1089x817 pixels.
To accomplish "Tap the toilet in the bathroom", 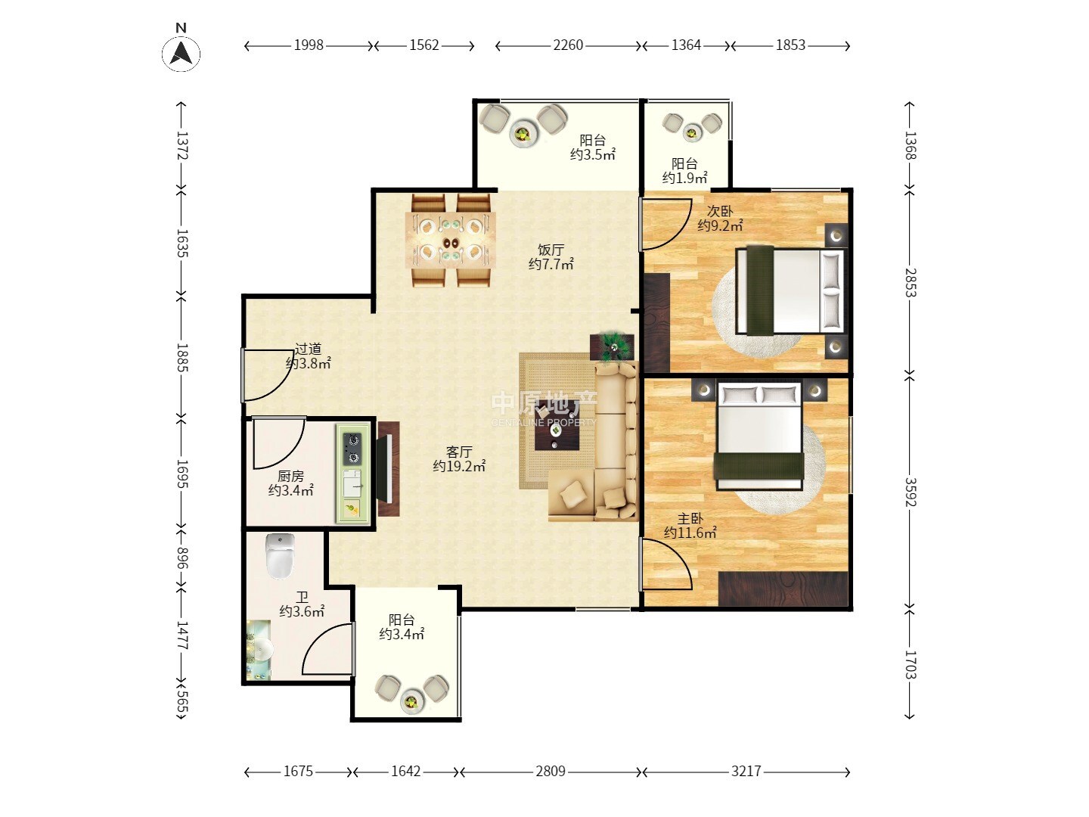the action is click(281, 556).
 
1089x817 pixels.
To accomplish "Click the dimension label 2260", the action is click(568, 45).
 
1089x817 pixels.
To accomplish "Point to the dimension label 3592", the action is click(910, 492).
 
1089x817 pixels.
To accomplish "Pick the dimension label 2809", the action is click(551, 771).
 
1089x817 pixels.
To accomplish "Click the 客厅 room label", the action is click(459, 452).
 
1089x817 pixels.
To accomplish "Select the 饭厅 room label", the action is click(551, 250).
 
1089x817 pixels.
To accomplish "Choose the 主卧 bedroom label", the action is click(690, 519).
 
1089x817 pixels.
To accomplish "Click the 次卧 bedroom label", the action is click(720, 211).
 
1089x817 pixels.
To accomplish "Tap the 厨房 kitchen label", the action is click(290, 477).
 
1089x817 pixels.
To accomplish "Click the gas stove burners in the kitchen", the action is click(352, 448).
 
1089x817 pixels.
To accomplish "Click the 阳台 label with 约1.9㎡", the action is click(684, 170).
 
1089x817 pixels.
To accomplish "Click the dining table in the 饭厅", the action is click(450, 240).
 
